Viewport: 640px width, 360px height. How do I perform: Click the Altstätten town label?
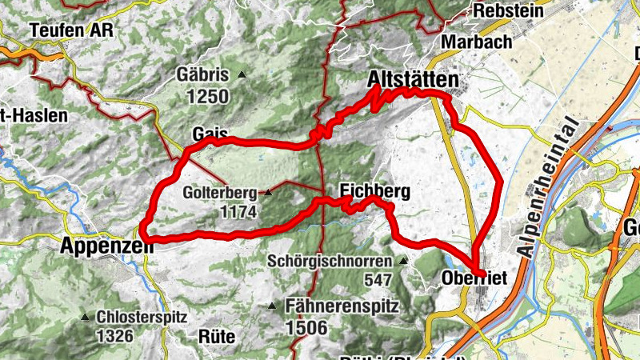click(414, 79)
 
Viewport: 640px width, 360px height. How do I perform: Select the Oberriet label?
click(474, 278)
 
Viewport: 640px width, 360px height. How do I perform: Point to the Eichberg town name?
click(374, 191)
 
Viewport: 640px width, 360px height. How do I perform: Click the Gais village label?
click(210, 134)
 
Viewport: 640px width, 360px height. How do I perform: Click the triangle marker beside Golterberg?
click(269, 193)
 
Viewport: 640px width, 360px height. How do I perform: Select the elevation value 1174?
click(240, 212)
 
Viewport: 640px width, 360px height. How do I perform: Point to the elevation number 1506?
click(306, 326)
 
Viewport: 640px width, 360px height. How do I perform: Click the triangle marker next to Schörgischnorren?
click(403, 261)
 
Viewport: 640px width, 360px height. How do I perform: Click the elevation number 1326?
click(114, 335)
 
